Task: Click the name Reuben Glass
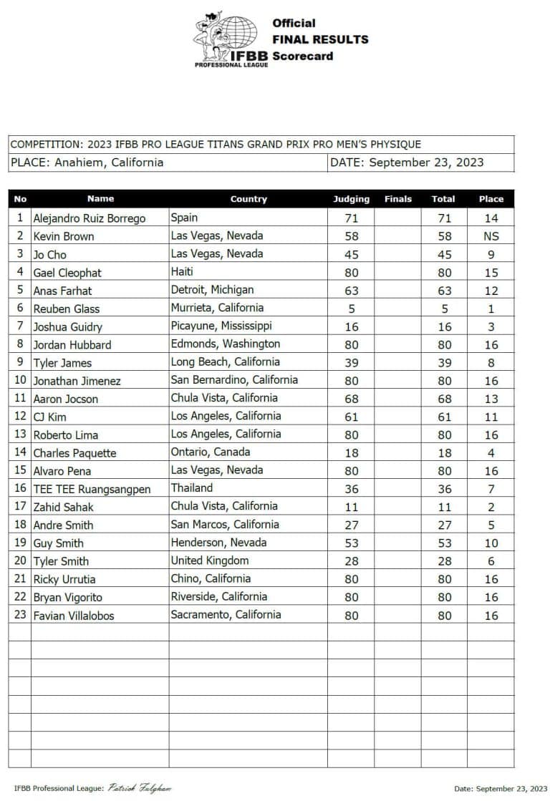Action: click(x=67, y=309)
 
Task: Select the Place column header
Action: click(x=491, y=199)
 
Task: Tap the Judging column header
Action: click(x=351, y=199)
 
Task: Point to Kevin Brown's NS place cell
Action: click(x=491, y=236)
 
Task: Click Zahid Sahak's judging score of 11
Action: click(x=351, y=507)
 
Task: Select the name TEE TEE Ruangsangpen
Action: click(x=92, y=489)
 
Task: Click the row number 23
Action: click(x=20, y=615)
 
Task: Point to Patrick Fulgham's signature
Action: click(x=140, y=788)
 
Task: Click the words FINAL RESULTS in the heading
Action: click(x=320, y=39)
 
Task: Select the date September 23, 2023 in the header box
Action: click(x=426, y=162)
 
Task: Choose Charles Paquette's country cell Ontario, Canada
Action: click(x=211, y=452)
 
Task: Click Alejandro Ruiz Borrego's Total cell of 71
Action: click(x=443, y=218)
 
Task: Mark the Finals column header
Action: click(x=397, y=199)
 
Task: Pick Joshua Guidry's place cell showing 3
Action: click(x=491, y=326)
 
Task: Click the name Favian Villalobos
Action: click(x=74, y=615)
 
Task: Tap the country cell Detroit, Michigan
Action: click(x=212, y=290)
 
